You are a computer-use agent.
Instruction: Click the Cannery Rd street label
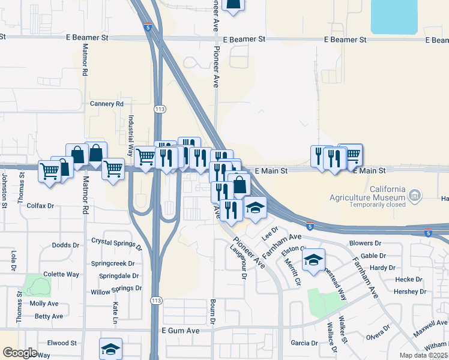coord(106,104)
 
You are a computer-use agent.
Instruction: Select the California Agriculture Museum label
coord(367,192)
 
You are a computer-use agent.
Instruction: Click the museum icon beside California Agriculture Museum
coord(415,194)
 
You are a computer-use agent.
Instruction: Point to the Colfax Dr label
coord(40,205)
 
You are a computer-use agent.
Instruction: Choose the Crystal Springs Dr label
coord(117,243)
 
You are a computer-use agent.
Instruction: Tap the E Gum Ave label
coord(180,331)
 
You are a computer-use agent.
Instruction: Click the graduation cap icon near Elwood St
coord(111,349)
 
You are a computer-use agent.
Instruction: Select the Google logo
coord(20,353)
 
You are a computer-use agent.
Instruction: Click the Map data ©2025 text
coord(424,355)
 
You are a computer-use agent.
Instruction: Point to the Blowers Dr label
coord(366,243)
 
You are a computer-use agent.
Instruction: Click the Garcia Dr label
coord(304,343)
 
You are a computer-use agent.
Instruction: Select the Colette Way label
coord(61,274)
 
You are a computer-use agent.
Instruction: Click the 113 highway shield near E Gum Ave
coord(157,300)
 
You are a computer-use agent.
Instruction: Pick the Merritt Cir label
coord(295,271)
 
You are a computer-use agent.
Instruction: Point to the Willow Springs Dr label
coord(116,290)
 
